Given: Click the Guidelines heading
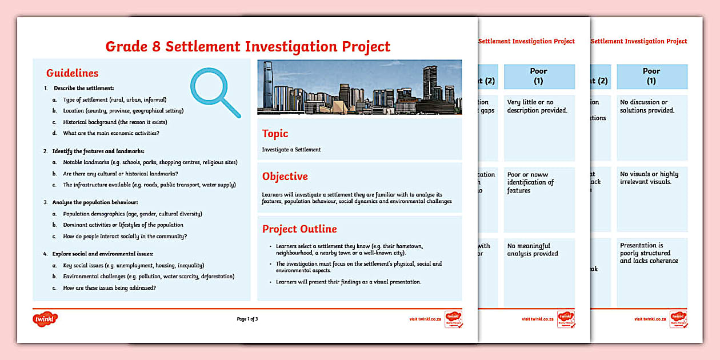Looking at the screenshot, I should click(x=72, y=73).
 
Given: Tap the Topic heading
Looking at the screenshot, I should click(x=275, y=134).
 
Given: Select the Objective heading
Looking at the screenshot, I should click(x=285, y=177).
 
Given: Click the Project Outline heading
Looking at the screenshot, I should click(x=299, y=229).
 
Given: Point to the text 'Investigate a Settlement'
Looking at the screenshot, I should click(x=291, y=150).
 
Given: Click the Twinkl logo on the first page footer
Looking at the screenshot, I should click(x=45, y=318).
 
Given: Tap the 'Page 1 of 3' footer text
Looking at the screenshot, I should click(x=247, y=319).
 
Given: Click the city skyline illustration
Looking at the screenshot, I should click(x=359, y=87).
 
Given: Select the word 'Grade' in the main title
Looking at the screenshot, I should click(x=130, y=46).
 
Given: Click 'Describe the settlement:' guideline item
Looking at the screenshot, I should click(x=83, y=88).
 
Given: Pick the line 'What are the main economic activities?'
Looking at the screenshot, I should click(x=111, y=133).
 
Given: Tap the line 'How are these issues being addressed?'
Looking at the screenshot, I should click(x=109, y=288).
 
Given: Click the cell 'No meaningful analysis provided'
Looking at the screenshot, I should click(x=533, y=250).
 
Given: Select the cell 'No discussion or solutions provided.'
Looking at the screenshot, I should click(x=647, y=106).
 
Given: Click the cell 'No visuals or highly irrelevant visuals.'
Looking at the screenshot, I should click(x=649, y=178).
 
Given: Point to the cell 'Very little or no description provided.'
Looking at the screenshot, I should click(x=537, y=106).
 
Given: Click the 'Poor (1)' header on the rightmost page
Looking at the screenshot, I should click(x=651, y=76).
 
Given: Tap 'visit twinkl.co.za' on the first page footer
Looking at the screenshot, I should click(x=425, y=319).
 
